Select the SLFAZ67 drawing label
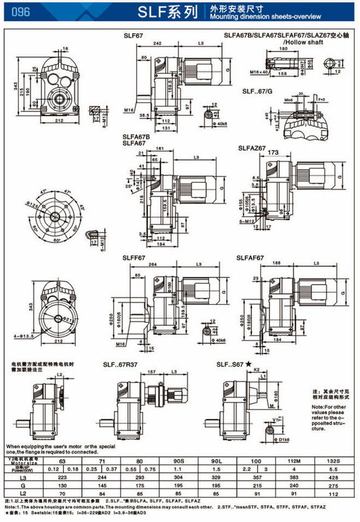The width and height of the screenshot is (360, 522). (252, 148)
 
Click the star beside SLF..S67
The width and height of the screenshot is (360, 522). (249, 364)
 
